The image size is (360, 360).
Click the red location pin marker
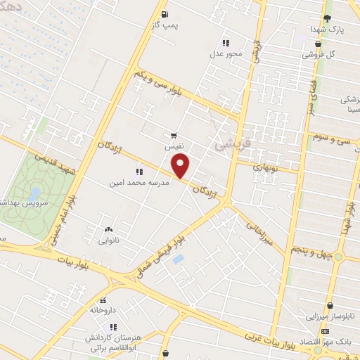[181, 167]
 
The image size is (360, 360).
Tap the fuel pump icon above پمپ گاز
[165, 14]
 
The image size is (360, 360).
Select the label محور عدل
[225, 53]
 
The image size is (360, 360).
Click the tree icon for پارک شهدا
[328, 18]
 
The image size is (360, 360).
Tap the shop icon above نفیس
[174, 135]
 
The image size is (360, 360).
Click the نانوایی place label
[108, 239]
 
